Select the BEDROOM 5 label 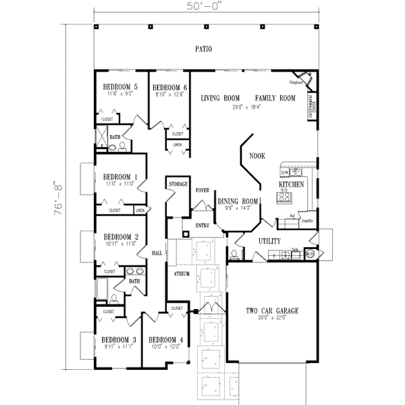click(120, 87)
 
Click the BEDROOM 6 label click(169, 87)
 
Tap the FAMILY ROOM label click(275, 99)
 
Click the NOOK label click(257, 156)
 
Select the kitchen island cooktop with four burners click(284, 198)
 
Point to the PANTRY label click(308, 221)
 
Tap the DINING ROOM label click(238, 201)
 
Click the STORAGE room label click(178, 184)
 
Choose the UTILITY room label click(269, 241)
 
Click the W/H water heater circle click(310, 254)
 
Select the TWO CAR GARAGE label click(271, 311)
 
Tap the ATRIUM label click(180, 275)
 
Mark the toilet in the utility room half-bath click(234, 254)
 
